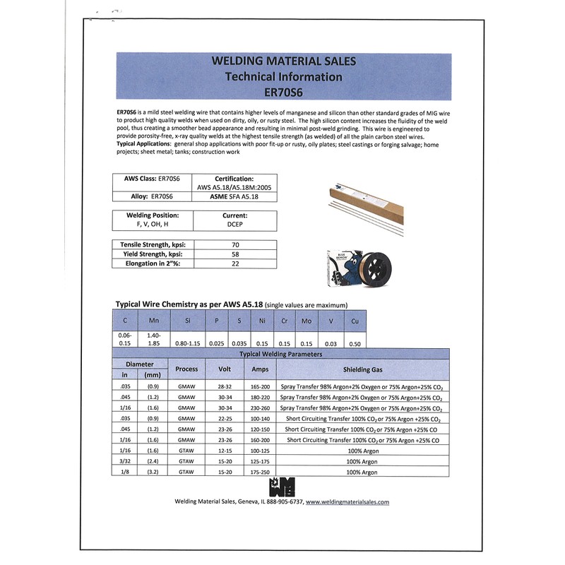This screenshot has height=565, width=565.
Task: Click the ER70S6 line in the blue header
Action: [282, 92]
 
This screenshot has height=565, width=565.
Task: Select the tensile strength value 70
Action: [235, 244]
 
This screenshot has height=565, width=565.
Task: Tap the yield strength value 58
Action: [235, 254]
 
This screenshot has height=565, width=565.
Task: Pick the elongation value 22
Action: [235, 264]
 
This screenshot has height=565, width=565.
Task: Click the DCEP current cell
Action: [235, 225]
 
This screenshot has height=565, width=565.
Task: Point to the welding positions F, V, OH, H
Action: [153, 225]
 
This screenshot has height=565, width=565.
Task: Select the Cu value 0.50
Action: [355, 343]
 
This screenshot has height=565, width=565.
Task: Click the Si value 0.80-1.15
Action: [187, 343]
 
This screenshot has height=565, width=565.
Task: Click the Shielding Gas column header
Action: [363, 369]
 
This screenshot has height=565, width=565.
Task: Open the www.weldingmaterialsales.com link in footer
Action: [347, 502]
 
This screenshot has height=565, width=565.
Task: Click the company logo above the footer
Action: [282, 487]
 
